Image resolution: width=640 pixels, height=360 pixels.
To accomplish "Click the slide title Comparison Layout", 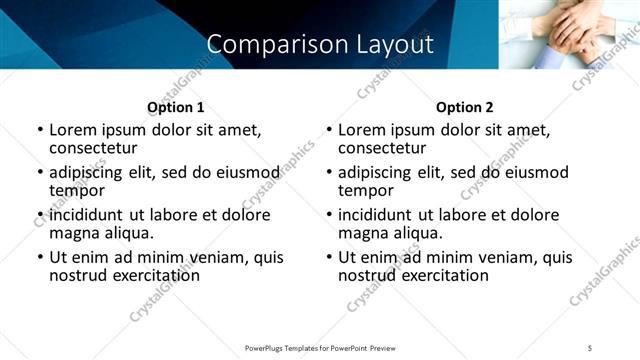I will point(320,44).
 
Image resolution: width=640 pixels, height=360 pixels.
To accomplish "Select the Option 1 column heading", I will point(176,107).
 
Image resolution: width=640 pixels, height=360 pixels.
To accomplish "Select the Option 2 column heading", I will point(465,107).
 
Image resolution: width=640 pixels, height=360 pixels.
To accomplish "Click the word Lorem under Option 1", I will point(74,130).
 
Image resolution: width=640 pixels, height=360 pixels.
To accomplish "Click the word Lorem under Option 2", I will point(363,130).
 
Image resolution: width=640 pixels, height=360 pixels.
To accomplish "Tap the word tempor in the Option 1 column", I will point(77,190).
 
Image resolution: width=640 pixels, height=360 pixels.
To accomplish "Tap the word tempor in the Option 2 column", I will point(366,190).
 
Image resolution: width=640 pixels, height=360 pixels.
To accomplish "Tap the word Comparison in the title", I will point(266,44).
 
